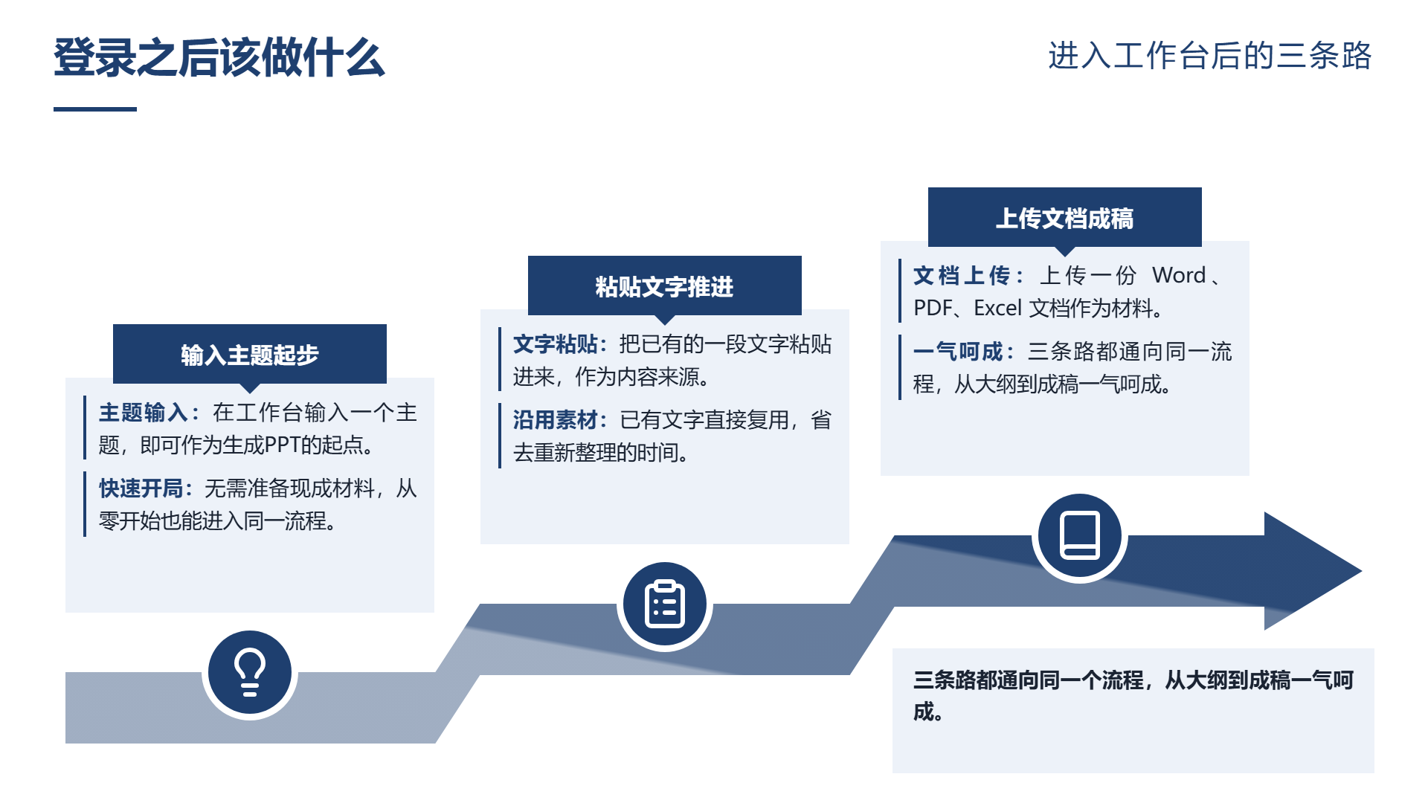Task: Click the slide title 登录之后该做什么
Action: click(x=219, y=57)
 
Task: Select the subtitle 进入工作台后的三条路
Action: click(x=1209, y=56)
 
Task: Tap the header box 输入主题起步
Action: click(x=250, y=355)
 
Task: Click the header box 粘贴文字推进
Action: click(x=665, y=286)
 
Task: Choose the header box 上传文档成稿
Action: click(x=1065, y=218)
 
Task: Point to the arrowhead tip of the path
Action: click(x=1361, y=571)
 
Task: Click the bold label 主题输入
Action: click(x=143, y=413)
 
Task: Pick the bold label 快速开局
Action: click(x=141, y=488)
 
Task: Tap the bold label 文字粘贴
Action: click(x=556, y=344)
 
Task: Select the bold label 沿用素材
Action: click(x=556, y=420)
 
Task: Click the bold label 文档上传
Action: click(x=961, y=276)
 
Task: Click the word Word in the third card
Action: click(x=1179, y=276)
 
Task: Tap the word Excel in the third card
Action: click(x=997, y=309)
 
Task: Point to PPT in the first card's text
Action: click(x=283, y=445)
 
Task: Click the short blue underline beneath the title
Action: click(x=95, y=109)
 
